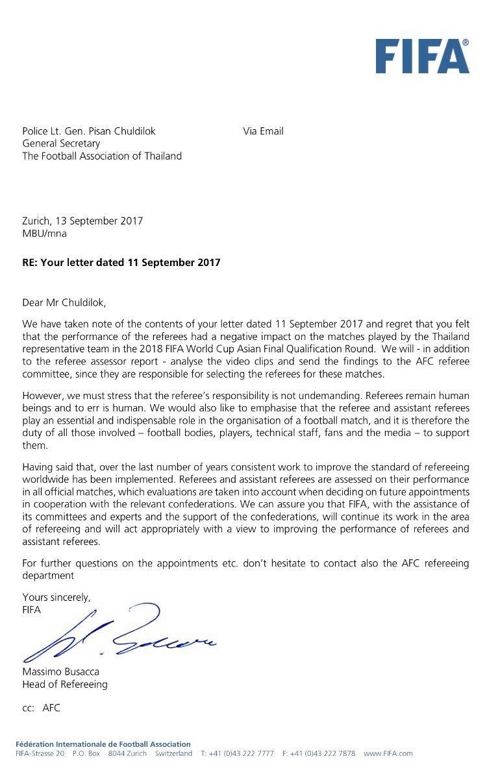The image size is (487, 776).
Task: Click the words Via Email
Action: point(263,131)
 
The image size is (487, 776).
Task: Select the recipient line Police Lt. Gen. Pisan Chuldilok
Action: point(89,131)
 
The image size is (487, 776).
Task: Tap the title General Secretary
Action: point(61,143)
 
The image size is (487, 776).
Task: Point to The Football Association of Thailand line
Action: point(102,156)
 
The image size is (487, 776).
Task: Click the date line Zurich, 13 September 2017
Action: point(82,221)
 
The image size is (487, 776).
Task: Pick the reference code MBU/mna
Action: point(44,233)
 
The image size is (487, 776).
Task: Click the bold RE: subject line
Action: point(121,263)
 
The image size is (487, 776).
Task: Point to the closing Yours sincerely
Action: point(56,597)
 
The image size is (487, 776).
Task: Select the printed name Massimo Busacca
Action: point(61,672)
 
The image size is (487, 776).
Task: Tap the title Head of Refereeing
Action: point(65,684)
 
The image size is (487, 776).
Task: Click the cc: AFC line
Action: point(42,708)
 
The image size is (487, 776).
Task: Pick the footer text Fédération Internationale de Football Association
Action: point(103,744)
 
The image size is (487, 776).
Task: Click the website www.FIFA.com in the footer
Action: point(388,754)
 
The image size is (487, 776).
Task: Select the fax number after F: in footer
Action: point(323,754)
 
